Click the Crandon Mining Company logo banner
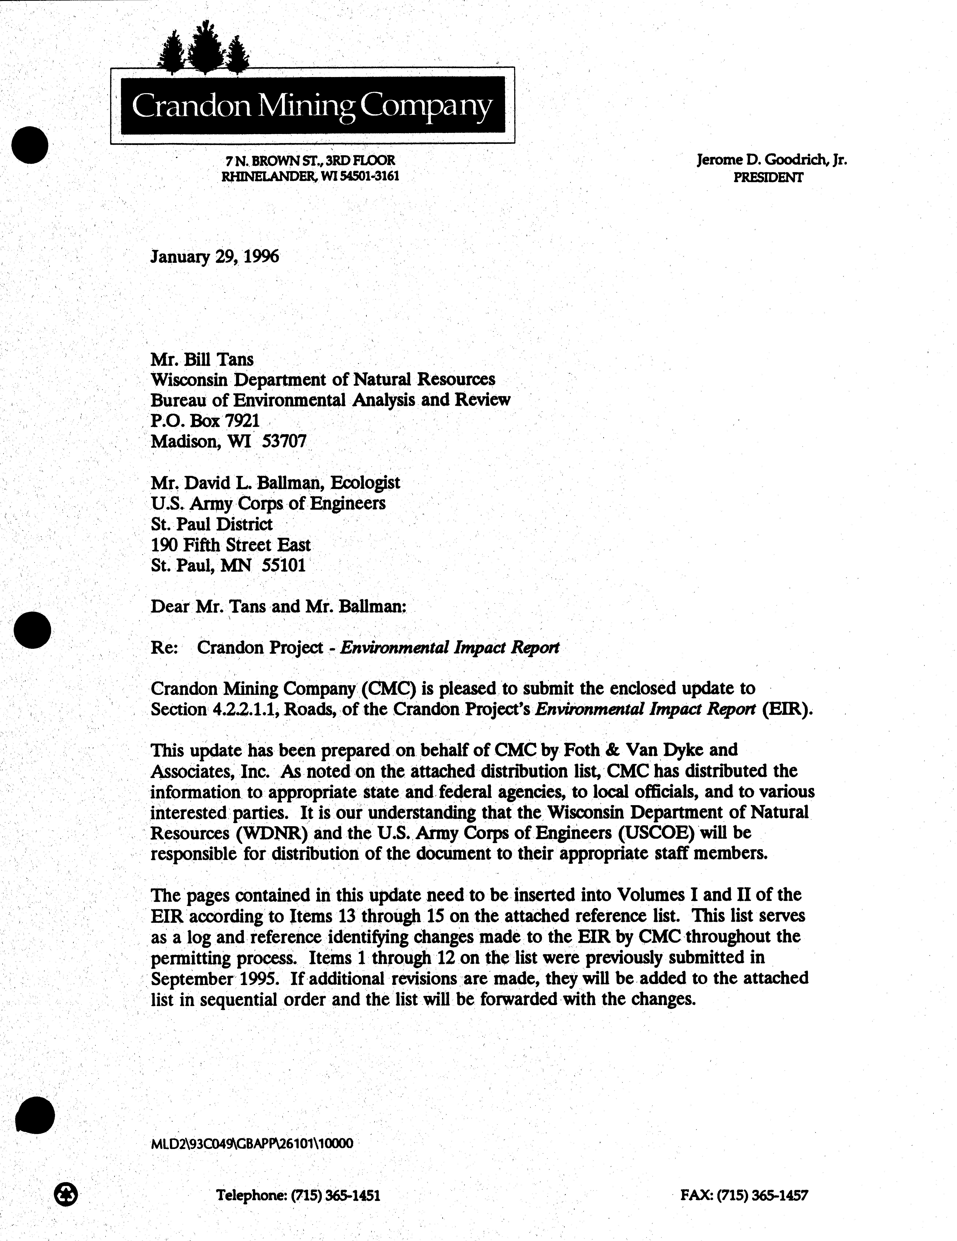point(312,105)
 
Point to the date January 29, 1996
point(214,257)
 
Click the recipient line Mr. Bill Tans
point(202,359)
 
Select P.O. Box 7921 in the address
point(205,420)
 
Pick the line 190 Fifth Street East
point(230,545)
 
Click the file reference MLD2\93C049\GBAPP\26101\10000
point(252,1143)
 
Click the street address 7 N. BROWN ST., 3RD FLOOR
point(310,161)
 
